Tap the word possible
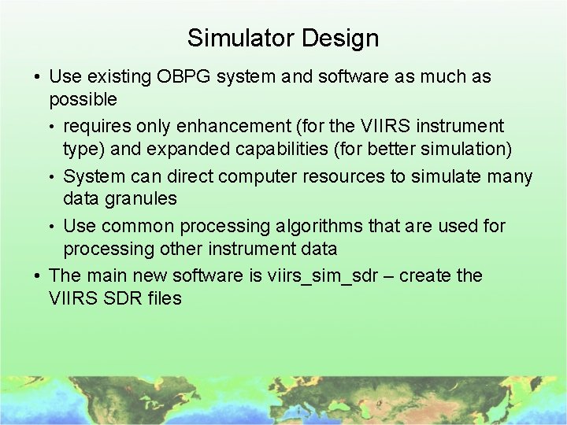83,101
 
